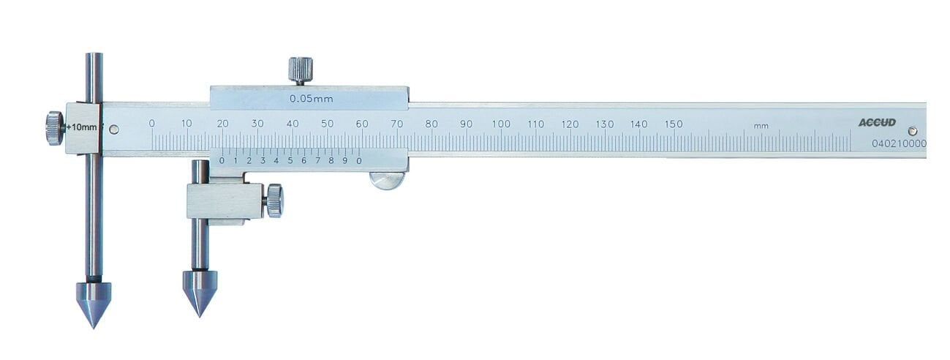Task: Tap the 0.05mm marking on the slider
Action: [x=308, y=97]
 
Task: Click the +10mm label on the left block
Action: [x=82, y=127]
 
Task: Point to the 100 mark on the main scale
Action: [x=500, y=124]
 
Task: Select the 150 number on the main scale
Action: [x=674, y=124]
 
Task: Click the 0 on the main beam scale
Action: [x=152, y=123]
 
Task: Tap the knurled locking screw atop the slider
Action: [x=300, y=71]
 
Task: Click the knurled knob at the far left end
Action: [x=54, y=128]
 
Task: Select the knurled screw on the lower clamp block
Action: [x=274, y=200]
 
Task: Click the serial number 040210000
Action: [x=900, y=144]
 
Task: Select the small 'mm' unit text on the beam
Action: [x=761, y=126]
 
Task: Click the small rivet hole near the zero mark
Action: [x=113, y=130]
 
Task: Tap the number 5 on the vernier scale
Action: [x=290, y=160]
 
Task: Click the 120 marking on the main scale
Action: [x=570, y=124]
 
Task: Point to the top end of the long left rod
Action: [x=93, y=57]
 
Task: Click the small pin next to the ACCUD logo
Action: [x=911, y=130]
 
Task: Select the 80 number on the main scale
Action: [x=431, y=124]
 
